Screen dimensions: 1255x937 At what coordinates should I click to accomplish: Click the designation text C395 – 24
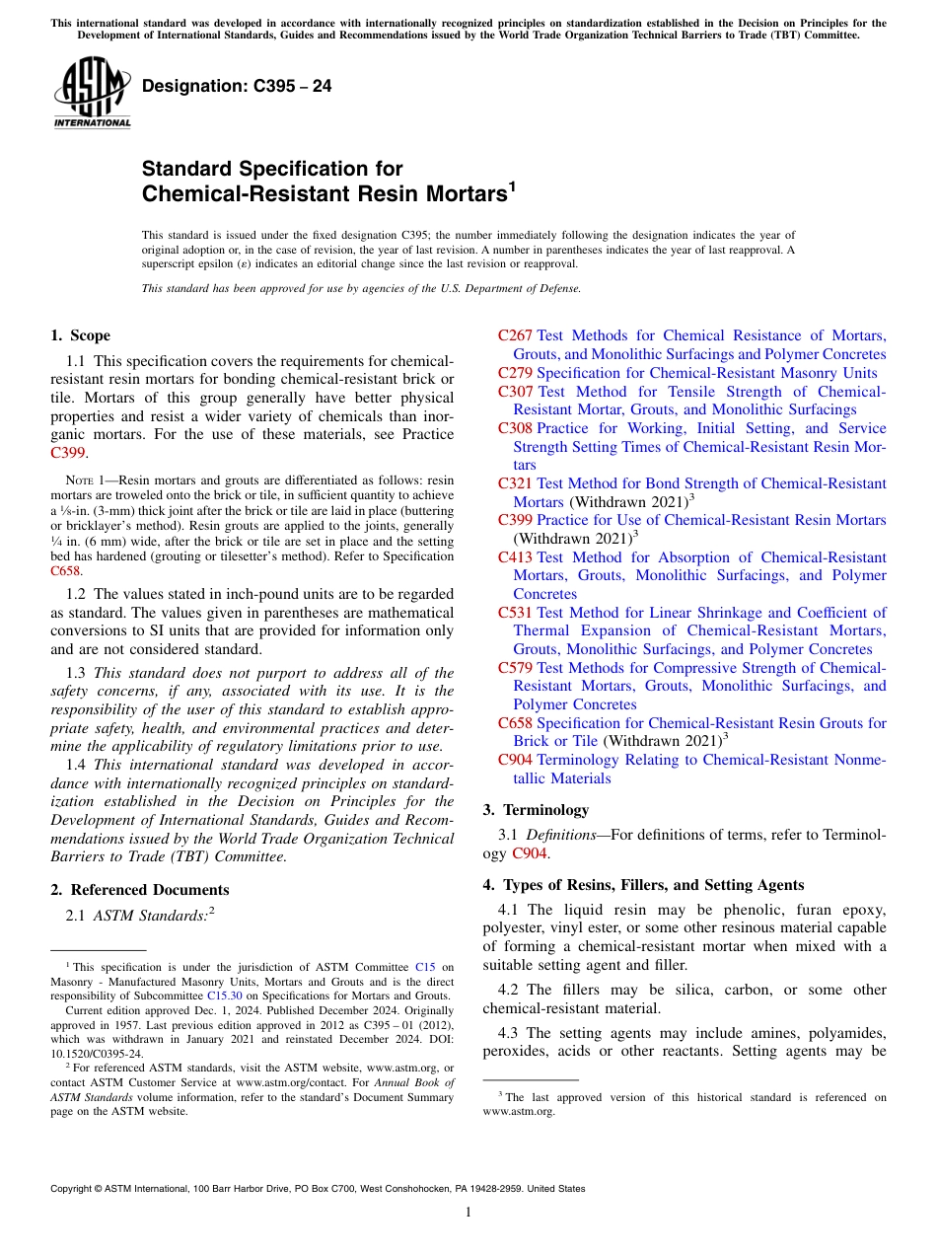[x=237, y=87]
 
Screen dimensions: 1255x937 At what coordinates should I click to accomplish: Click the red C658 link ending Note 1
[x=66, y=570]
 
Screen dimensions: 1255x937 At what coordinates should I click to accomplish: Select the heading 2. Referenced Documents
[x=139, y=890]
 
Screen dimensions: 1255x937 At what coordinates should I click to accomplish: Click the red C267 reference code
[x=515, y=335]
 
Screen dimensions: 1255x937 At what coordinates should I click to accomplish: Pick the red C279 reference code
[x=515, y=373]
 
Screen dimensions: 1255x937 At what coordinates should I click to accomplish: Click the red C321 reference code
[x=515, y=483]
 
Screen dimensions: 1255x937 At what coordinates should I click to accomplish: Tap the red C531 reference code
[x=515, y=613]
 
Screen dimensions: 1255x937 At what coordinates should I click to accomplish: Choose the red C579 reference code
[x=515, y=668]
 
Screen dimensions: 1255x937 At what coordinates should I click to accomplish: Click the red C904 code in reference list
[x=515, y=760]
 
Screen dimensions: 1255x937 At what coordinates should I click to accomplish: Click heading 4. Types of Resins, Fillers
[x=643, y=885]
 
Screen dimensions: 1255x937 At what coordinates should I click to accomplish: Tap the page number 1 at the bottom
[x=468, y=1213]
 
